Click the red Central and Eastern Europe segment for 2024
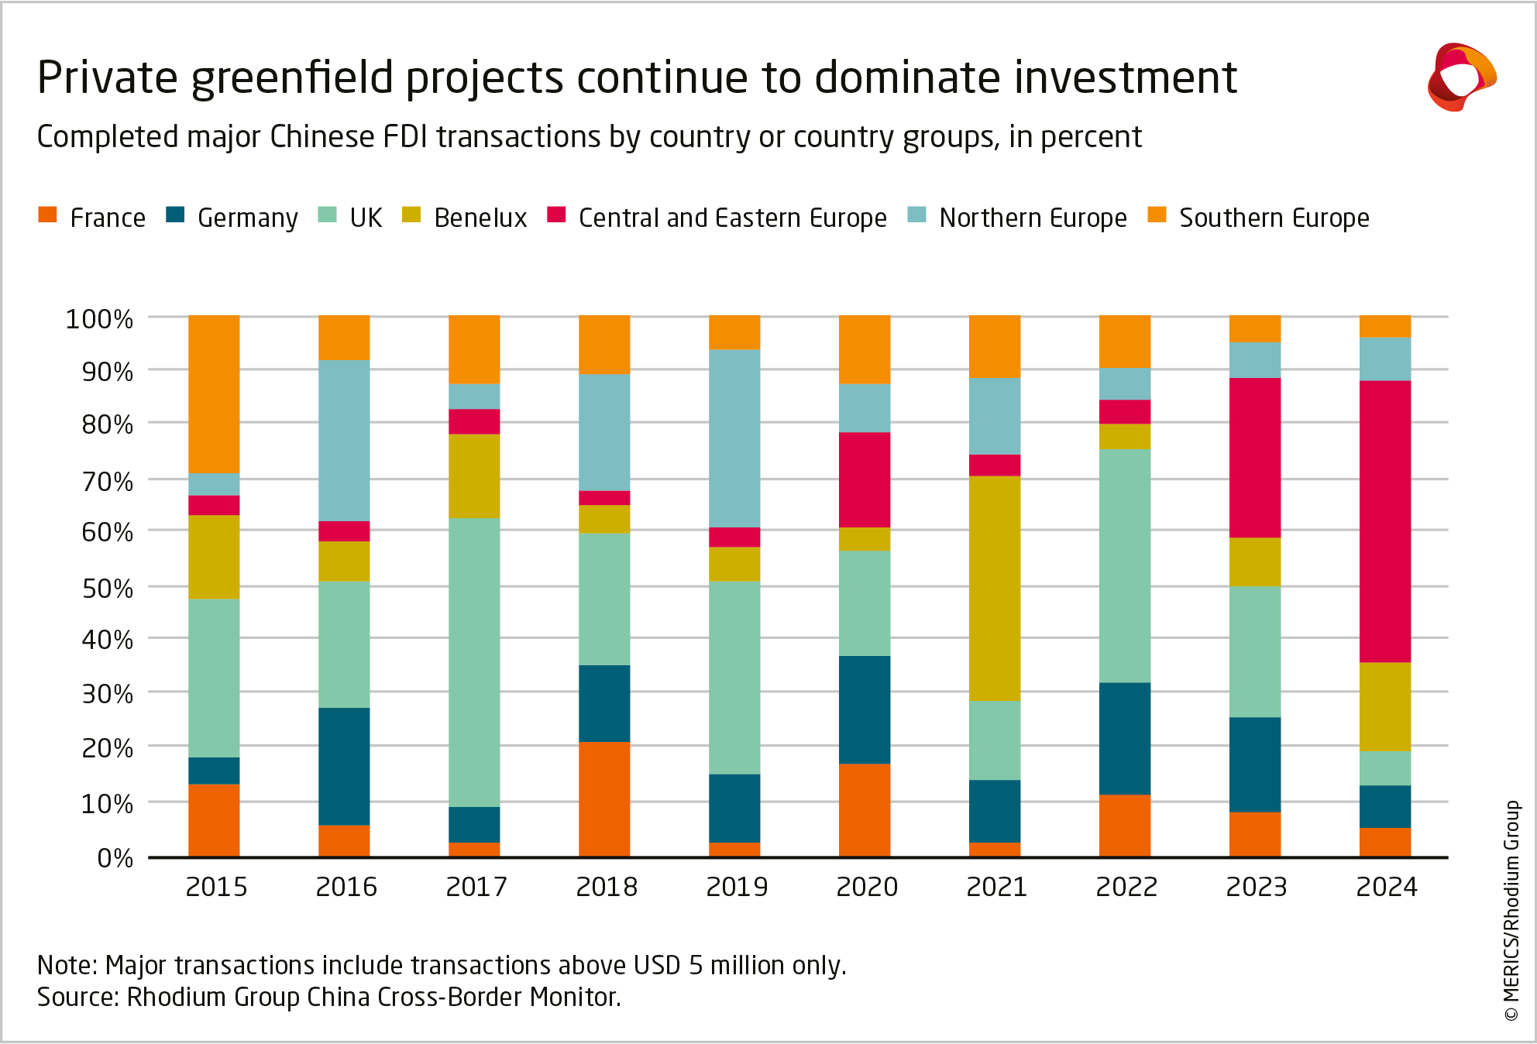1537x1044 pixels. pos(1384,521)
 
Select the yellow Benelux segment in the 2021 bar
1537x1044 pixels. pos(994,589)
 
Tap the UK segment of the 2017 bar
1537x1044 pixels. pos(474,662)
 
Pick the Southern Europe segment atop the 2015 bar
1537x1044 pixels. pos(214,394)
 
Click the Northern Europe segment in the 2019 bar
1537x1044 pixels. pos(734,438)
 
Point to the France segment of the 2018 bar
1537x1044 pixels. pos(604,799)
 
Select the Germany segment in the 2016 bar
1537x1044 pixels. pos(344,766)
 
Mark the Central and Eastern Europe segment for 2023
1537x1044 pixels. pos(1254,458)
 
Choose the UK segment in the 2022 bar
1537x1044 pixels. pos(1124,565)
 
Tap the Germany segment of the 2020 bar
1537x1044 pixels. pos(864,709)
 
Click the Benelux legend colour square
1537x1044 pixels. pos(411,215)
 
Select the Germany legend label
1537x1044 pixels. pos(248,218)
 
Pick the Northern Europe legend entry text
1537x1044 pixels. pos(1033,218)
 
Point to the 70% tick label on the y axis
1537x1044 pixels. pos(108,481)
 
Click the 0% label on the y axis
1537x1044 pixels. pos(115,857)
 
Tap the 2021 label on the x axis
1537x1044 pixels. pos(996,887)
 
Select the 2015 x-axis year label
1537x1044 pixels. pos(216,887)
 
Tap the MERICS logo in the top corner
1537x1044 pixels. pos(1460,77)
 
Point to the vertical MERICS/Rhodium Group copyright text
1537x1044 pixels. pos(1511,910)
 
